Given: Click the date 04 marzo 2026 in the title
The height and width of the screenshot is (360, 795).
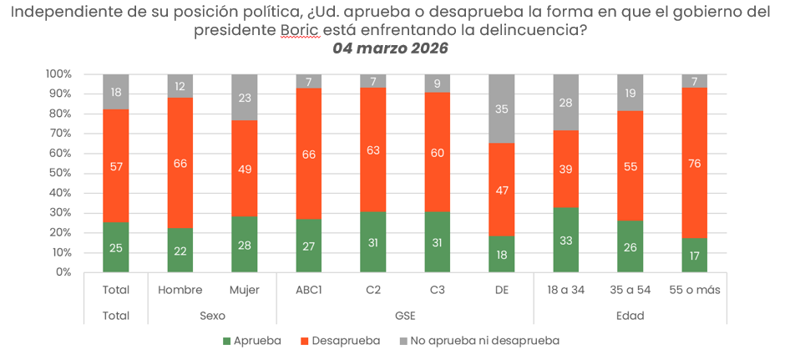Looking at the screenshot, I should (390, 48).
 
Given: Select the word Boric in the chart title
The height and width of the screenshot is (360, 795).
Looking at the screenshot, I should (298, 30).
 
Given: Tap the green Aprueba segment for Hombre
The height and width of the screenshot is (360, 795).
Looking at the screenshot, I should (180, 250).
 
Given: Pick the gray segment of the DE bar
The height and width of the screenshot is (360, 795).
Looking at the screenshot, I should (502, 109).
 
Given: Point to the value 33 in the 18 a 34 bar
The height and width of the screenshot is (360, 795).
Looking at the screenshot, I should (566, 241).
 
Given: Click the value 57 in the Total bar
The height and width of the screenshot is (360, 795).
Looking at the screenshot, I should (116, 166).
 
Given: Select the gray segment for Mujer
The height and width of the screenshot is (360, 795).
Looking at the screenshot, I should (245, 97).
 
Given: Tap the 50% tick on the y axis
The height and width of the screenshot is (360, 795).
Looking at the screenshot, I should (58, 173).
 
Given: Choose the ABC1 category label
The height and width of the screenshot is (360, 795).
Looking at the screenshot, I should (309, 290).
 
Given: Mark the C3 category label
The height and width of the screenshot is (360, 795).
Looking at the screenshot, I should (438, 290).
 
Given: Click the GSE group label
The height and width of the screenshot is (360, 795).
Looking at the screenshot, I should (405, 317).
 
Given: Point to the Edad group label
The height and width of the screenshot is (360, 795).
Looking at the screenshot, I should (630, 317).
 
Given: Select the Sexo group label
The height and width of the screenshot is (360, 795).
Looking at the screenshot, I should (212, 317).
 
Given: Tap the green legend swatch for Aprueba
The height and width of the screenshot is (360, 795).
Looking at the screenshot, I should (226, 341).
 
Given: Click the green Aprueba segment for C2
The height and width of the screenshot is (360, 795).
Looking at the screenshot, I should (373, 241).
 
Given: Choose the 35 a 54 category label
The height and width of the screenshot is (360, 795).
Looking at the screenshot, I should (630, 290).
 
